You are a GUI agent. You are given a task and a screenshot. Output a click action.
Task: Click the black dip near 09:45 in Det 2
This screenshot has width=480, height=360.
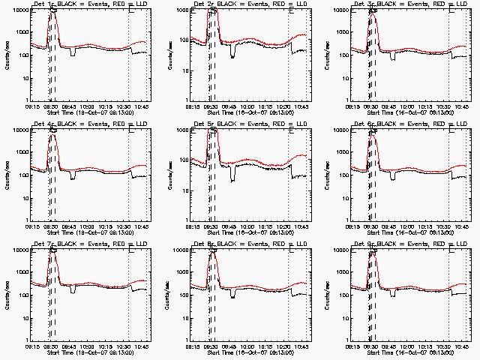tap(233, 55)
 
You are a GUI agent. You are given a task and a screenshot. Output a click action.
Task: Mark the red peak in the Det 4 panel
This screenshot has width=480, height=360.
tap(52, 135)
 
